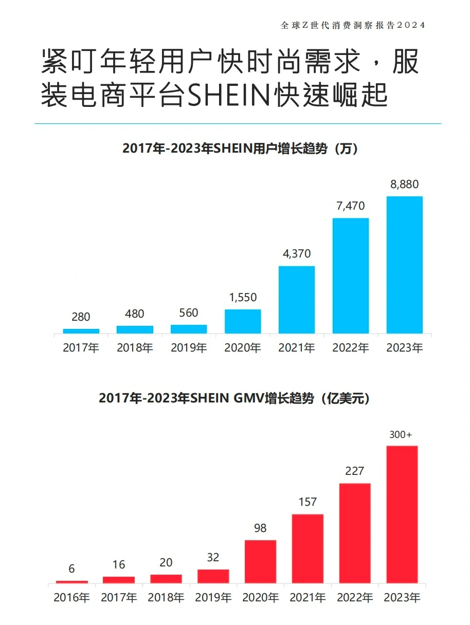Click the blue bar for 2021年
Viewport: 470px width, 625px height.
coord(297,299)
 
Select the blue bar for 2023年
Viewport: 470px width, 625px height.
coord(404,265)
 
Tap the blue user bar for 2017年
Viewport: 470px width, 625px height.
coord(81,331)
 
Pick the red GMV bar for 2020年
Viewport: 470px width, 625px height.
coord(260,561)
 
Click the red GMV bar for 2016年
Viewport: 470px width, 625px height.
coord(72,582)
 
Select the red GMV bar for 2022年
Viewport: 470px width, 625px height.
coord(355,533)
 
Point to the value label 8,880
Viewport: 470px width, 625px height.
coord(404,185)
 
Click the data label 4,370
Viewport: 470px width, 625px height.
coord(297,254)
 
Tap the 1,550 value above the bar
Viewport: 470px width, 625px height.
coord(243,298)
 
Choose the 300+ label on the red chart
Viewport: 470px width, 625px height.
coord(401,435)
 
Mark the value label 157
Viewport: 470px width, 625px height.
coord(308,502)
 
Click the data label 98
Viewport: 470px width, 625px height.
coord(260,528)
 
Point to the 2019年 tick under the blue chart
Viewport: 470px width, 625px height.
coord(189,348)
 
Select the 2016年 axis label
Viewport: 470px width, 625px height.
coord(72,598)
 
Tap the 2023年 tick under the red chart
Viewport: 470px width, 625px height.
coord(402,598)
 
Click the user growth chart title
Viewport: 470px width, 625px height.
coord(240,149)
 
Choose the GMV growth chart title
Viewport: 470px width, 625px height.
coord(234,398)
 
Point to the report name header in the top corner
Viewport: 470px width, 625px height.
coord(353,25)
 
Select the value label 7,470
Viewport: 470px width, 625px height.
coord(350,206)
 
